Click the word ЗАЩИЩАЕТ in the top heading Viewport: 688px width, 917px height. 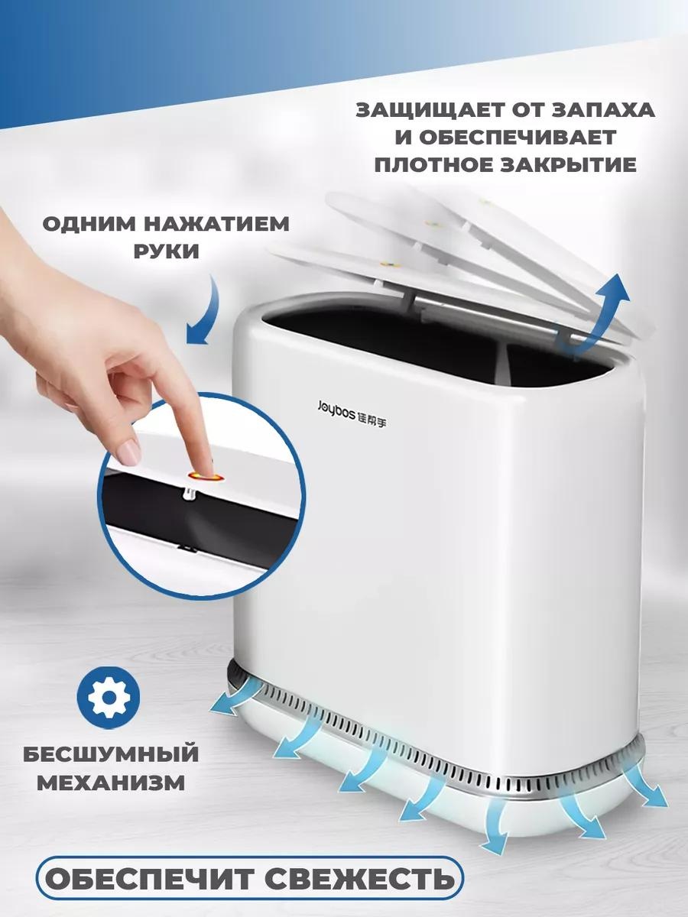tap(426, 110)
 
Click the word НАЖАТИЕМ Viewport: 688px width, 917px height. tap(217, 224)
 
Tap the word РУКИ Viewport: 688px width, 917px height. tap(166, 251)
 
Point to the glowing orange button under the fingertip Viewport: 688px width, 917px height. tap(206, 477)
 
